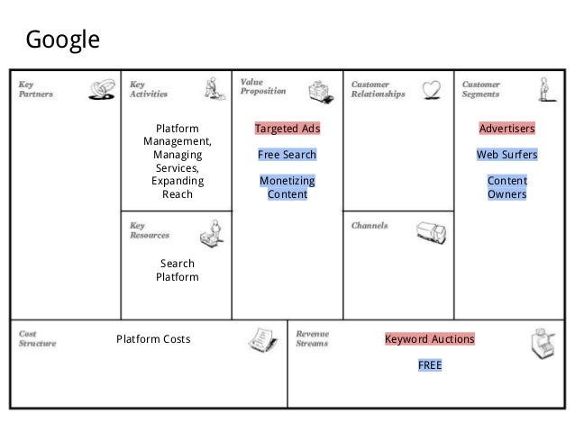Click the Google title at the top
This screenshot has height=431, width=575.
pos(62,40)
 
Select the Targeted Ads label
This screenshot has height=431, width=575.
pos(287,129)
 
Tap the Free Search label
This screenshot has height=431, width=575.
pos(287,155)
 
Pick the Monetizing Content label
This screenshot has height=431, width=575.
pos(287,187)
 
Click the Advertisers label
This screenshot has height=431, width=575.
pos(507,129)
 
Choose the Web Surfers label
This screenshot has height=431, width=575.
pos(507,155)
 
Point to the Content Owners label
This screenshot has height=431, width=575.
pos(507,187)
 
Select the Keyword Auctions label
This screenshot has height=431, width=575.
pos(429,340)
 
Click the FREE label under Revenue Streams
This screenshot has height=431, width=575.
pos(429,365)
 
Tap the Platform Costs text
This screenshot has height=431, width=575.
pos(153,340)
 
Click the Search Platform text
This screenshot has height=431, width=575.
pos(177,270)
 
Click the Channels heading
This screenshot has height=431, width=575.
pos(370,226)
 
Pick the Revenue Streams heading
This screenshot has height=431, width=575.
pos(313,337)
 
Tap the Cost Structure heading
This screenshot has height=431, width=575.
pos(37,337)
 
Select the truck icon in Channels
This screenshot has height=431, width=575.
pos(430,233)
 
